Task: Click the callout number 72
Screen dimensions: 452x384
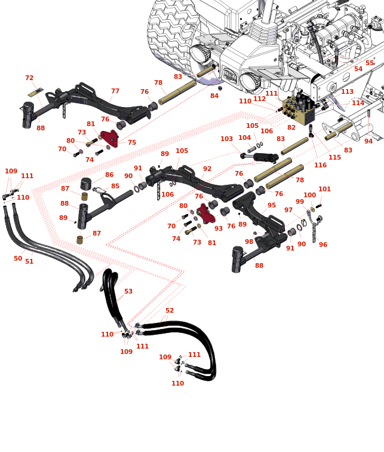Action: pyautogui.click(x=29, y=78)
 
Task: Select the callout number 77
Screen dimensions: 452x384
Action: pyautogui.click(x=115, y=91)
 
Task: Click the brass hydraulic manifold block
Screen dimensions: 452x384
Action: pyautogui.click(x=298, y=108)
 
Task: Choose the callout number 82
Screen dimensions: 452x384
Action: pyautogui.click(x=291, y=127)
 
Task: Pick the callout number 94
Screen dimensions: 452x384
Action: pyautogui.click(x=368, y=141)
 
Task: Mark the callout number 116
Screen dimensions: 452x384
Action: pyautogui.click(x=321, y=165)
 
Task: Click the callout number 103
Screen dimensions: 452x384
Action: pyautogui.click(x=226, y=139)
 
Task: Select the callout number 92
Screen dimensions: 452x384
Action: pyautogui.click(x=207, y=169)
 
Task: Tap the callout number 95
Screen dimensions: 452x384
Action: pyautogui.click(x=272, y=205)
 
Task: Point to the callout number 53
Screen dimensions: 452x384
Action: pyautogui.click(x=128, y=292)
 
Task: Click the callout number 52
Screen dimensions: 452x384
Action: pyautogui.click(x=170, y=310)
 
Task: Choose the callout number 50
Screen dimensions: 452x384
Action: pyautogui.click(x=18, y=259)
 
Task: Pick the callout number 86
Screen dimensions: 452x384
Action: pyautogui.click(x=109, y=175)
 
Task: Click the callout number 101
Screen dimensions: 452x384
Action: pyautogui.click(x=324, y=190)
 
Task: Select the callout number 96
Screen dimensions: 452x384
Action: pyautogui.click(x=323, y=245)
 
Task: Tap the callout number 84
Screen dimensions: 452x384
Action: pyautogui.click(x=214, y=96)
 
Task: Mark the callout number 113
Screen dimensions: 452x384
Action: pyautogui.click(x=347, y=91)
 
